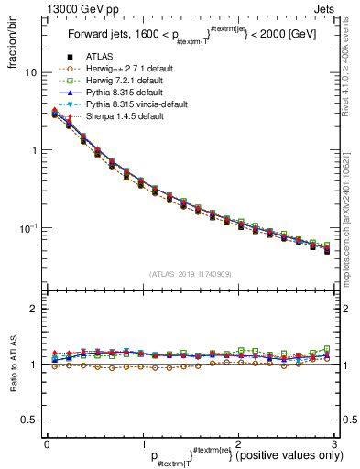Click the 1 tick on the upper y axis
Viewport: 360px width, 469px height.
33,150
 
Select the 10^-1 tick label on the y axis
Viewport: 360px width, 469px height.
27,227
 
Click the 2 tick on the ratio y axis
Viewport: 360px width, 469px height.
33,309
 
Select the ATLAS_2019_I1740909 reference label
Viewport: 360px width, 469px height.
191,273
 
